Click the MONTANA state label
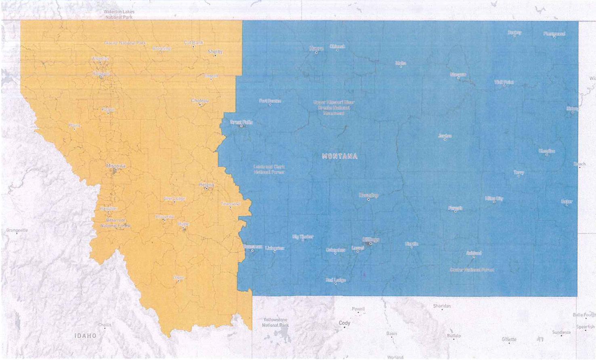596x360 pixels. (x=340, y=156)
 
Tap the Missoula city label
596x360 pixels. (x=116, y=166)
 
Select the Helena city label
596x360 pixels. (x=206, y=185)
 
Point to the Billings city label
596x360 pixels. (x=370, y=240)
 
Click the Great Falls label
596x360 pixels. (x=241, y=122)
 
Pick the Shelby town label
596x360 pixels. (x=215, y=52)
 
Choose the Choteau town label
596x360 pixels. (x=200, y=101)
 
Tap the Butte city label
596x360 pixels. (x=183, y=224)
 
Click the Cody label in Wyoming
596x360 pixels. (x=344, y=323)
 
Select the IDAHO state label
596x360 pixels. (x=86, y=336)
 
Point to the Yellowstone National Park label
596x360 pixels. (x=275, y=322)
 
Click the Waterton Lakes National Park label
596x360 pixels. (x=119, y=15)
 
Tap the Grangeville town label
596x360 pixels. (x=17, y=230)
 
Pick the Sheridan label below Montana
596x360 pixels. (x=442, y=306)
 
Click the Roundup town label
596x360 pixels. (x=368, y=196)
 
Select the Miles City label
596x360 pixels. (x=494, y=198)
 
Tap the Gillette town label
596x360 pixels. (x=509, y=339)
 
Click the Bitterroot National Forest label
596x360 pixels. (x=115, y=223)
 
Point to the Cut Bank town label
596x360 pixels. (x=193, y=42)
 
